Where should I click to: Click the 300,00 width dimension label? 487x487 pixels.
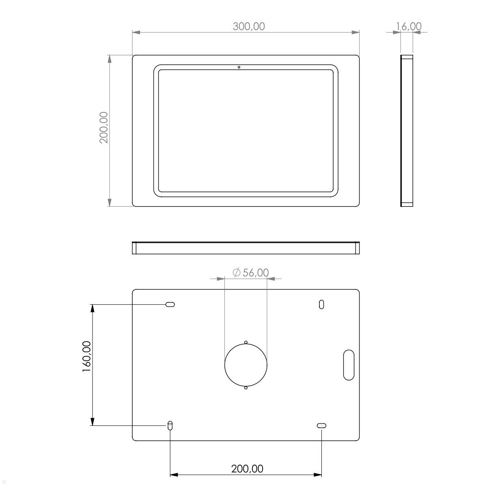click(248, 26)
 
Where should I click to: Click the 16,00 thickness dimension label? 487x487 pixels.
click(409, 26)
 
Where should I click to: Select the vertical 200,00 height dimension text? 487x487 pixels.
click(104, 127)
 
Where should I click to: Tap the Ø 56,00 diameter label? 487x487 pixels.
click(251, 273)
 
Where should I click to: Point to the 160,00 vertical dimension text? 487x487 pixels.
click(86, 357)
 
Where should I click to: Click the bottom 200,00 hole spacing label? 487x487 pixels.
click(247, 469)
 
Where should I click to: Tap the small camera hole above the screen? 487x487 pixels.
click(239, 67)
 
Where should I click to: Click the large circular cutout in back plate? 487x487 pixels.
click(246, 365)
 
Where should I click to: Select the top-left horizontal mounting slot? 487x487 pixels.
click(170, 304)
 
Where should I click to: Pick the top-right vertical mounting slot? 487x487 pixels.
click(321, 304)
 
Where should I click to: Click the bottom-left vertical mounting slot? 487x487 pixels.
click(170, 425)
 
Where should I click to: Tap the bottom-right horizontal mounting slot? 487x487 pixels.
click(321, 425)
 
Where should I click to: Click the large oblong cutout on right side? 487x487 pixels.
click(349, 364)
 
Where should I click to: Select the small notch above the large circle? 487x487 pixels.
click(246, 342)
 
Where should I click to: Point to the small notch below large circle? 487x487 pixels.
click(246, 388)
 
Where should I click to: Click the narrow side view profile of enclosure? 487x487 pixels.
click(407, 131)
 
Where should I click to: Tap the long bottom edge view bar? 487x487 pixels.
click(246, 248)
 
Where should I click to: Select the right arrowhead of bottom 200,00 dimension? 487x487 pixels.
click(318, 474)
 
